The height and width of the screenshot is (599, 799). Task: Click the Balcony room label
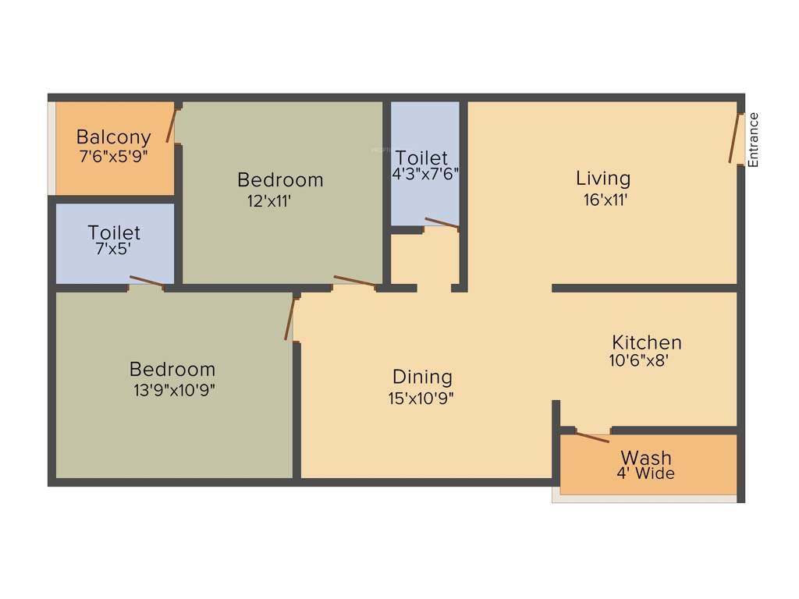114,138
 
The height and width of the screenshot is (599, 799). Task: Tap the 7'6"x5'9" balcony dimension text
114,156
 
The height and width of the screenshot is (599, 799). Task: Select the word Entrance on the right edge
754,140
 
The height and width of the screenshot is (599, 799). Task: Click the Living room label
603,179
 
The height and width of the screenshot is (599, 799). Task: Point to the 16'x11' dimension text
605,200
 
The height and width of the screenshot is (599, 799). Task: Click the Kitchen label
646,342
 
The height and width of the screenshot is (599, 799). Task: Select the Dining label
422,377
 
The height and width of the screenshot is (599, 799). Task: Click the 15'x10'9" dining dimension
422,398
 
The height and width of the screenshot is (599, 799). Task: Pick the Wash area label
646,458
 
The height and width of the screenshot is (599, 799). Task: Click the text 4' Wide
645,473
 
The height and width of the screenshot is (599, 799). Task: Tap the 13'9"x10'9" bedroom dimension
174,390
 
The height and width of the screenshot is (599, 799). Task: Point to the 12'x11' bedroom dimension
269,200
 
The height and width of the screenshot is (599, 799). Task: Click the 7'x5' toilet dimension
114,250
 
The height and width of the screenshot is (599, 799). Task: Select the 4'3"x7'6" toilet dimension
424,174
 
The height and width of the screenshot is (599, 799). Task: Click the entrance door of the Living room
734,140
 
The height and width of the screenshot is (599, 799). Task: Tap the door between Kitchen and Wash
592,436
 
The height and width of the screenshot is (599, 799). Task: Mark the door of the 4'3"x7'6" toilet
442,224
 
